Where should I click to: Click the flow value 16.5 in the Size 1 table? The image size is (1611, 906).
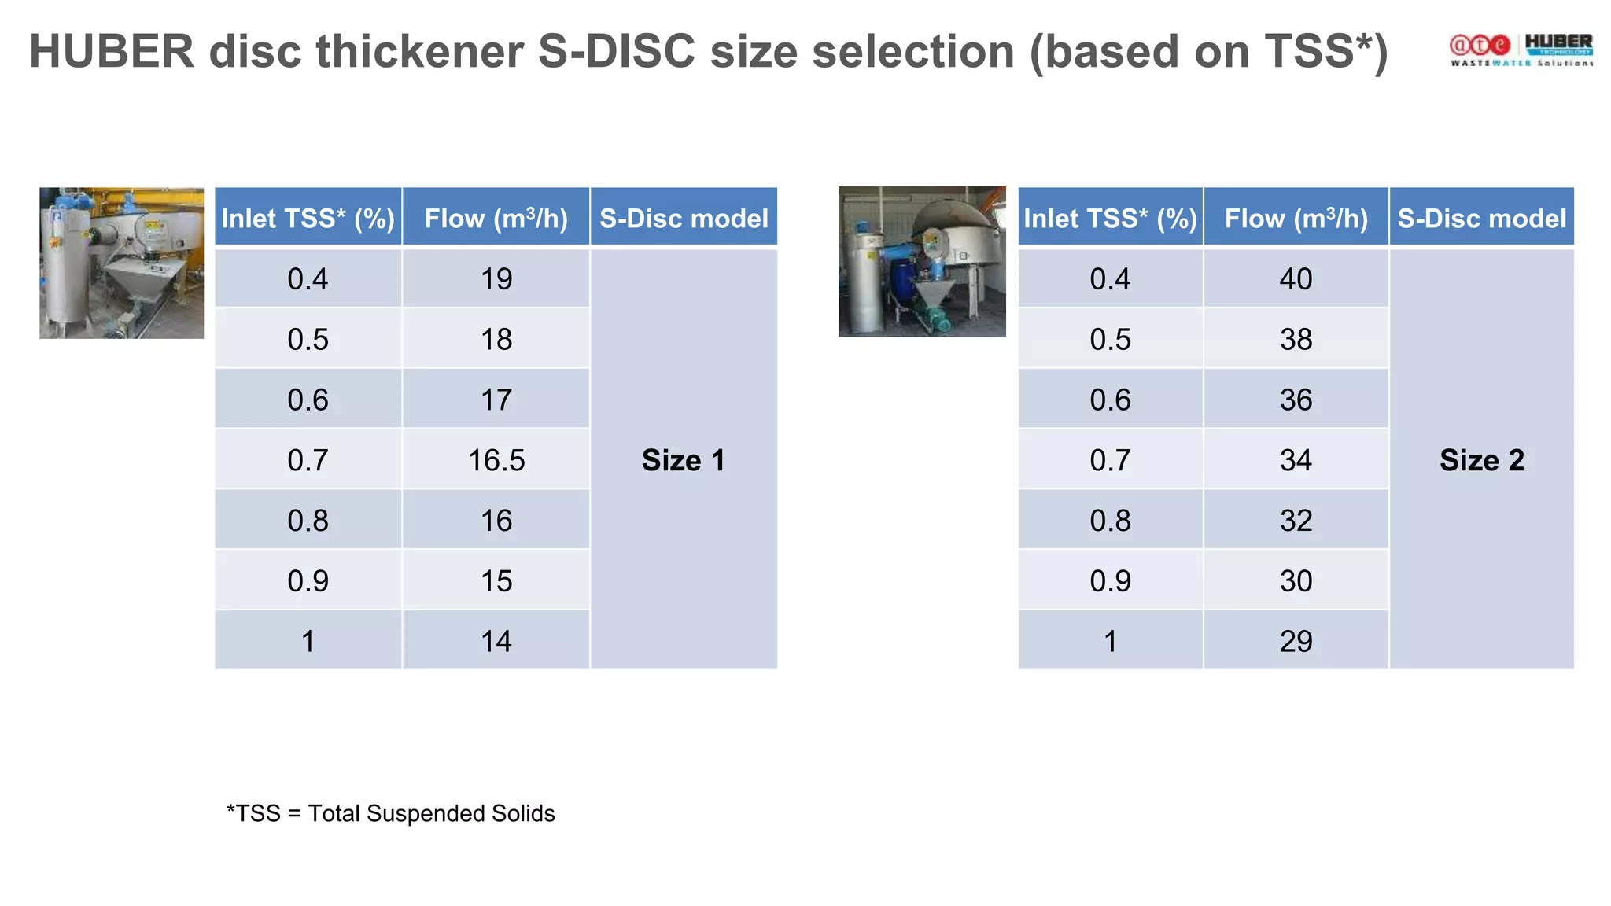point(496,460)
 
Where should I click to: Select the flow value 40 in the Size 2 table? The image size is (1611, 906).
point(1296,279)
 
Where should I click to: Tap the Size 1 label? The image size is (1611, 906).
point(683,460)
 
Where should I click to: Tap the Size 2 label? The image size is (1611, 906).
point(1481,460)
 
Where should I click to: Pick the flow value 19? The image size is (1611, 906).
point(496,279)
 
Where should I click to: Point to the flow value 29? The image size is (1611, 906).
point(1296,642)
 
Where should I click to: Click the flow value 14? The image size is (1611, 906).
point(496,642)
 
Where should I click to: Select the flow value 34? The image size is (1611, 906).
point(1296,460)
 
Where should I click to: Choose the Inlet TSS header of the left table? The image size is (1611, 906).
point(308,218)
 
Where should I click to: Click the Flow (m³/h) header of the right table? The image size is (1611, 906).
point(1296,218)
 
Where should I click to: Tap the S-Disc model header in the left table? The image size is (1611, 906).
point(684,218)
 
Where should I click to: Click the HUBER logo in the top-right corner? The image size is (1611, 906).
point(1558,44)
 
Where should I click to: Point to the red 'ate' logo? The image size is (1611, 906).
point(1480,46)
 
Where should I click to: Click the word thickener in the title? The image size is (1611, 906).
point(419,52)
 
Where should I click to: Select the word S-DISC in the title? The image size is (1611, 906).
point(616,52)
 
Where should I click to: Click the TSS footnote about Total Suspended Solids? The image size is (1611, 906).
point(391,813)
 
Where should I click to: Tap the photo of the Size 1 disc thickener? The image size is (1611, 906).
point(121,263)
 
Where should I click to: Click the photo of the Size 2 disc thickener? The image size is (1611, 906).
point(922,261)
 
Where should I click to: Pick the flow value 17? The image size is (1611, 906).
point(496,400)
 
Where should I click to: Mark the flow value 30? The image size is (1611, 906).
point(1296,581)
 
